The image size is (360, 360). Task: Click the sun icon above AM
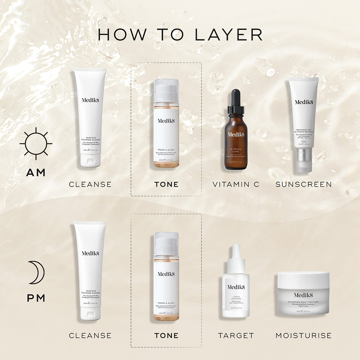coord(36,143)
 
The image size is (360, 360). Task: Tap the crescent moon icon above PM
coord(36,272)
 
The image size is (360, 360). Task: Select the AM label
coord(36,173)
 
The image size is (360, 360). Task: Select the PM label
coord(36,298)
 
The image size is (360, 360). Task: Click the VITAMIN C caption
coord(236,184)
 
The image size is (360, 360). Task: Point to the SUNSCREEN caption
coord(303,184)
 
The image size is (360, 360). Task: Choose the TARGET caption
coord(236,335)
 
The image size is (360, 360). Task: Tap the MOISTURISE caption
coord(303,335)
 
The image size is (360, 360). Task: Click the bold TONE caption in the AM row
coord(166,184)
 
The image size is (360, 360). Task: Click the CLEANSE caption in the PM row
coord(90,335)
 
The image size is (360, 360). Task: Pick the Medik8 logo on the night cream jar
coord(303,295)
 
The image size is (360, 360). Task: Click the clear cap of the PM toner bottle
coord(166,242)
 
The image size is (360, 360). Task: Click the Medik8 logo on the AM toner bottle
coord(166,121)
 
